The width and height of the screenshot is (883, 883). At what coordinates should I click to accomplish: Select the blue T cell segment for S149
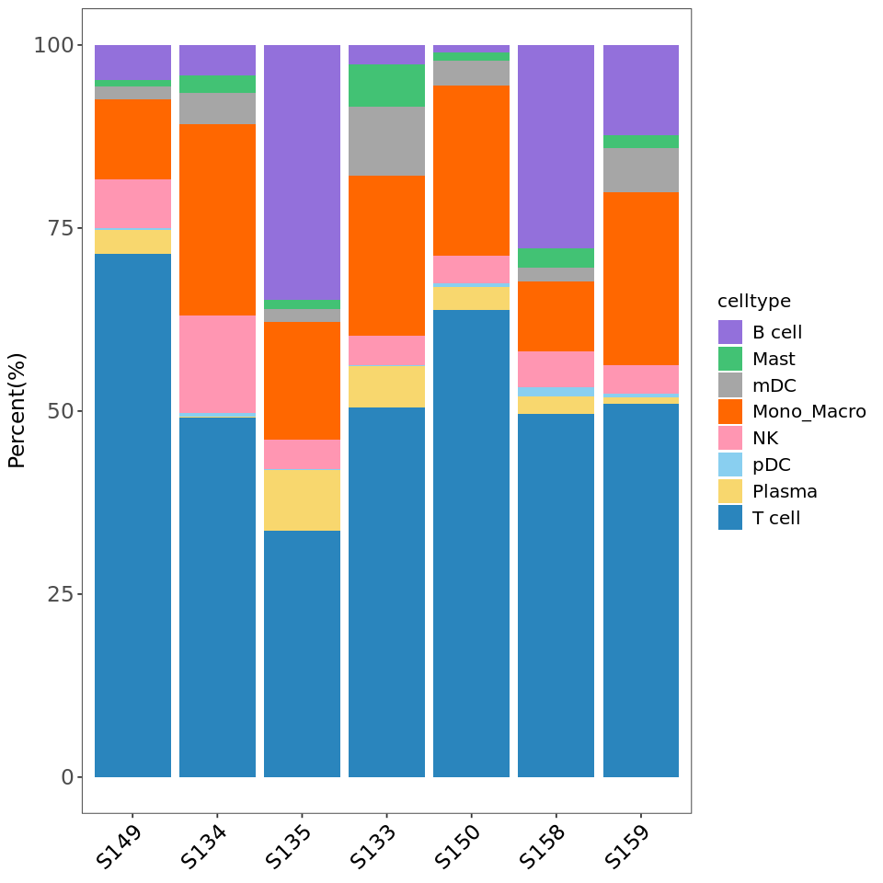coord(132,515)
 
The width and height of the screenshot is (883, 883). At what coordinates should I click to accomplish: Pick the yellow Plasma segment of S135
coord(302,500)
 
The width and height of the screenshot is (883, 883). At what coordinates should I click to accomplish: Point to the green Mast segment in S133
coord(386,85)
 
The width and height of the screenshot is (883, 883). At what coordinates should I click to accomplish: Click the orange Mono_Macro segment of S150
coord(471,170)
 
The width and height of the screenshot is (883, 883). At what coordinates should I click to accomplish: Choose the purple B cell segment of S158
coord(556,146)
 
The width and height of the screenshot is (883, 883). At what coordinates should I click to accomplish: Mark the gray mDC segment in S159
coord(640,170)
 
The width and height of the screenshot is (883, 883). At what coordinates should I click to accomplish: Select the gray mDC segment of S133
coord(386,141)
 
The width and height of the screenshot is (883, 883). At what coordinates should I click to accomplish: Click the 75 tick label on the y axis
coord(53,228)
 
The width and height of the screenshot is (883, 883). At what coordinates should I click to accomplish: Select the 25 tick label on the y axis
coord(53,594)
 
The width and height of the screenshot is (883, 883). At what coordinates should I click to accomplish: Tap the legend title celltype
coord(754,302)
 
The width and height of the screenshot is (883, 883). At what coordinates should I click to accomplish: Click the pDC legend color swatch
coord(730,464)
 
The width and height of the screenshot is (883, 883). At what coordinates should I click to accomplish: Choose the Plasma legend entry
coord(785,491)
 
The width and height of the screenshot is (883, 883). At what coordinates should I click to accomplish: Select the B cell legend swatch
coord(730,332)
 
